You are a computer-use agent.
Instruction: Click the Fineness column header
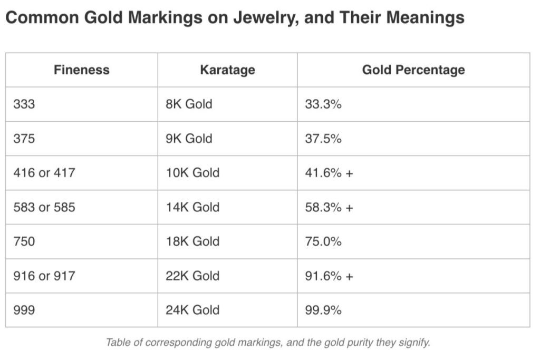[81, 70]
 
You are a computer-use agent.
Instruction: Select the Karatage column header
[227, 70]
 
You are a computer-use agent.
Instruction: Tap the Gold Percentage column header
[413, 70]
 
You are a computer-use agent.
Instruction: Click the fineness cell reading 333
[24, 104]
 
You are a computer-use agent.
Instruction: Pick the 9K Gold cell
[189, 138]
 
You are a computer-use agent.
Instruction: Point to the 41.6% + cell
[329, 173]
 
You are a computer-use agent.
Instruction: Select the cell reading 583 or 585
[44, 207]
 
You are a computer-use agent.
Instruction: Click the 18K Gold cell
[192, 241]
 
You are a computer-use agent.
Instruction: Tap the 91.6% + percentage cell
[329, 276]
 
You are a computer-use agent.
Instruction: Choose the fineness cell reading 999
[24, 310]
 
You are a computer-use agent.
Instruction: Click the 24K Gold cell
[192, 310]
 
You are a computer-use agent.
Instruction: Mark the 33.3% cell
[323, 104]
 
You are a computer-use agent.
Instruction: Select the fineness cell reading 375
[24, 138]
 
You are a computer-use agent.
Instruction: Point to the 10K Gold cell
[192, 173]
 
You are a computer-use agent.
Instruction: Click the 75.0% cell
[323, 241]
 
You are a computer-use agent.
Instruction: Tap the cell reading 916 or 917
[44, 276]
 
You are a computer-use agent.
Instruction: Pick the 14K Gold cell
[192, 207]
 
